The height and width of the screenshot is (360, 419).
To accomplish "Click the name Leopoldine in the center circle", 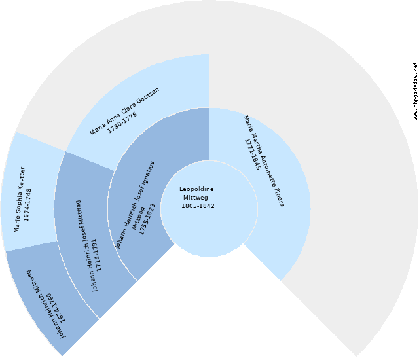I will (196, 189).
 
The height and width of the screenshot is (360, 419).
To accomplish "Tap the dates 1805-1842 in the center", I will (198, 206).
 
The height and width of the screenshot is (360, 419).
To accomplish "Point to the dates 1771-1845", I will (253, 154).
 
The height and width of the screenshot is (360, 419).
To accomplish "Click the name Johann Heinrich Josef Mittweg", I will (86, 245).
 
